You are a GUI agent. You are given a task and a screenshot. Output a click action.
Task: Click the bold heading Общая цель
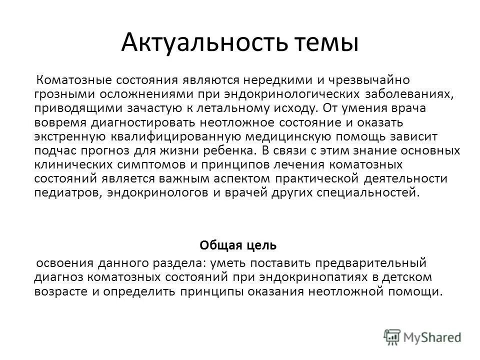tap(237, 245)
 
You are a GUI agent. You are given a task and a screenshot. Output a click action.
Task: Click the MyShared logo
tap(422, 337)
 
